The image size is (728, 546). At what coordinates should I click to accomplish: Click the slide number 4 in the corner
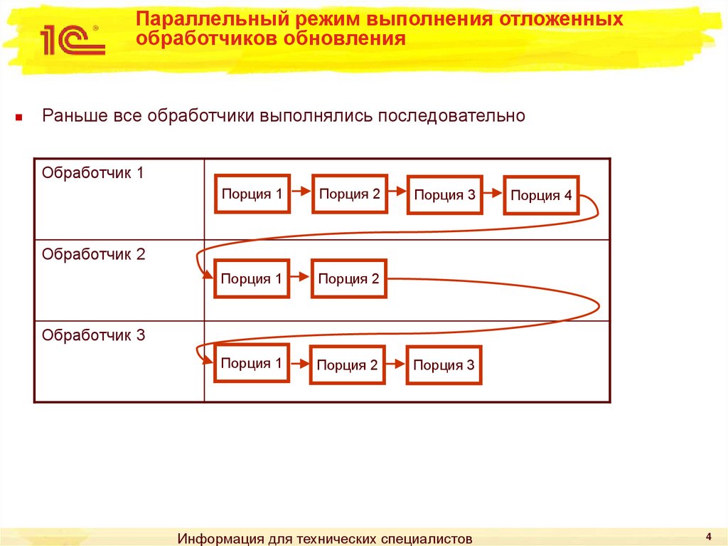[x=709, y=535]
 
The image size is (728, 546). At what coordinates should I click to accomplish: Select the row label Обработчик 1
[x=93, y=173]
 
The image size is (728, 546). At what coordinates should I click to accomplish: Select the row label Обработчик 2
[x=93, y=254]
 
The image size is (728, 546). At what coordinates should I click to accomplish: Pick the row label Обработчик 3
[x=93, y=335]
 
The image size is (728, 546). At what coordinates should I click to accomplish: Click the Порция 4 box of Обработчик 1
[x=541, y=196]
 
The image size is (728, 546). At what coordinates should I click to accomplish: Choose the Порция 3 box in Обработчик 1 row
[x=444, y=195]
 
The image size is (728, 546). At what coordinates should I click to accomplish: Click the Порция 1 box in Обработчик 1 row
[x=252, y=194]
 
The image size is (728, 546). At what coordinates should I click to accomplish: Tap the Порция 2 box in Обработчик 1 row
[x=350, y=194]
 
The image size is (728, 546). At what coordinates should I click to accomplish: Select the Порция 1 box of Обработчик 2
[x=251, y=278]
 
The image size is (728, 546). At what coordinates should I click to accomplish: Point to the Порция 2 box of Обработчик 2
[x=348, y=278]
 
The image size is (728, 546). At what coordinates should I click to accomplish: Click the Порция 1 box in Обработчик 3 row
[x=251, y=364]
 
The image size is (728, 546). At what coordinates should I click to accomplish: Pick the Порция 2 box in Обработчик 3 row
[x=347, y=365]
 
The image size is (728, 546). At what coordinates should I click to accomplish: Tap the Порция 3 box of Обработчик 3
[x=444, y=365]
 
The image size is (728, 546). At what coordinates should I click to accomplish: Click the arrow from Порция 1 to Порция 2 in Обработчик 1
[x=301, y=193]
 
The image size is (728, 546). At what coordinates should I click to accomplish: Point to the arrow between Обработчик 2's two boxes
[x=300, y=278]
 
